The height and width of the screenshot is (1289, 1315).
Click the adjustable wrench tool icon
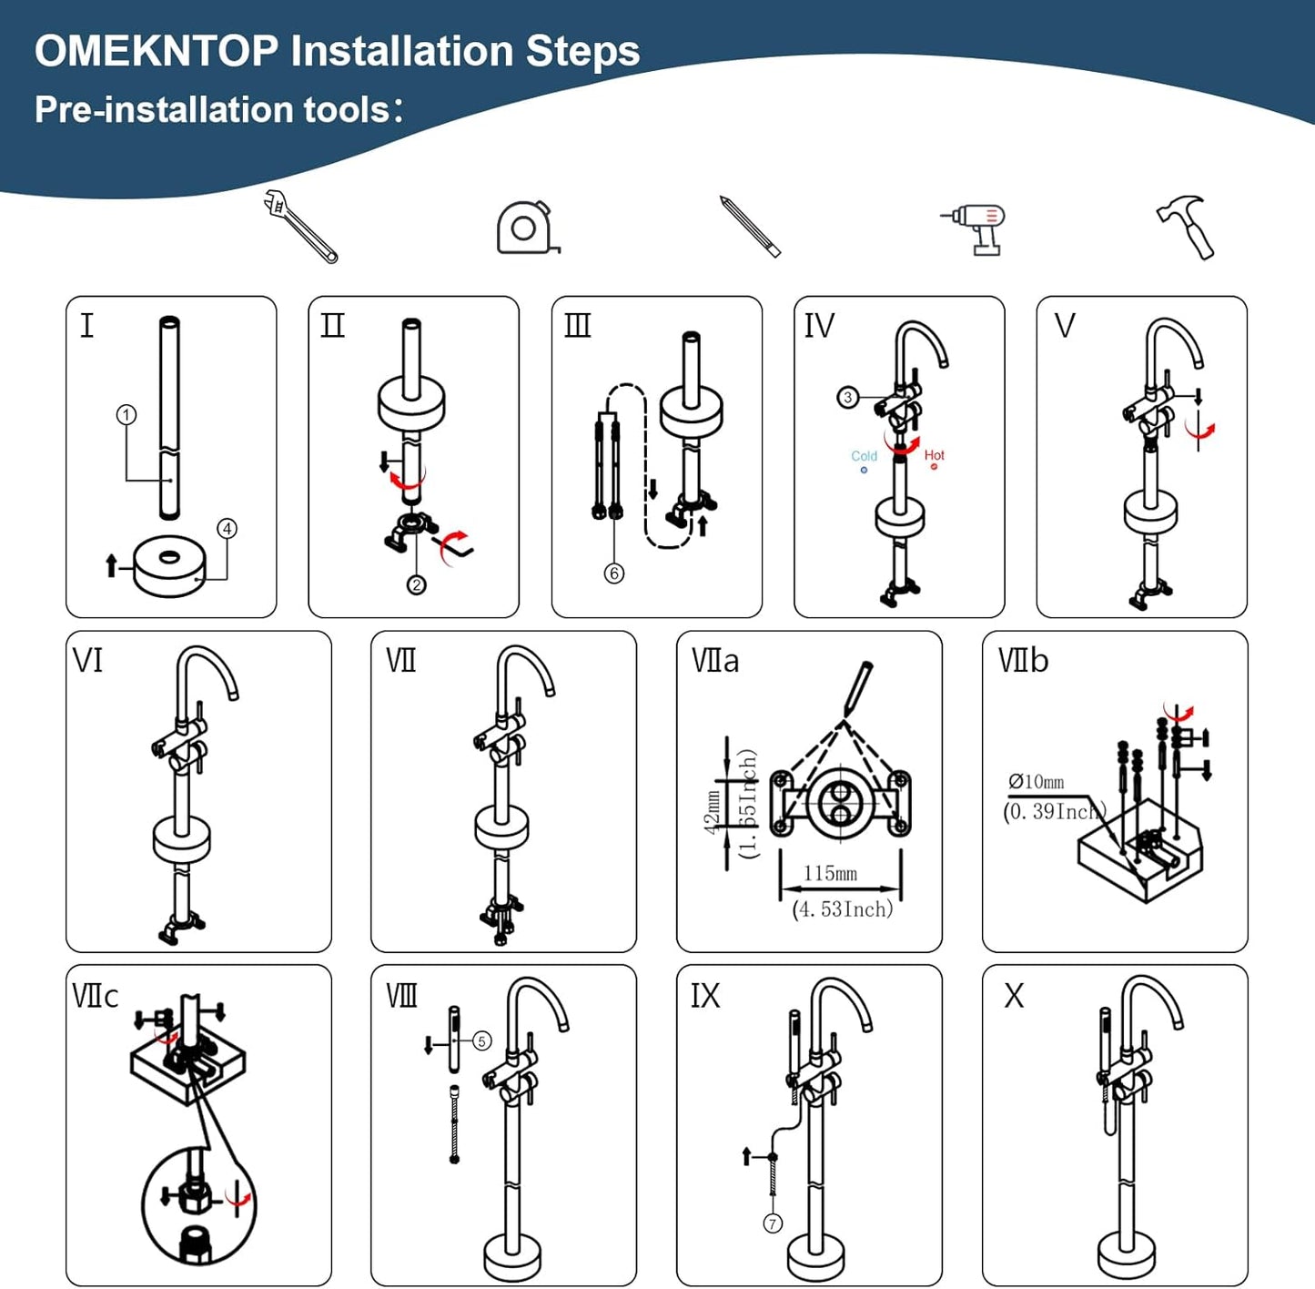pyautogui.click(x=299, y=226)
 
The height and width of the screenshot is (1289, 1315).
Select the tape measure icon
pyautogui.click(x=526, y=228)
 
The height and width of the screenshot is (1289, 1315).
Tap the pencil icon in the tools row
pyautogui.click(x=750, y=226)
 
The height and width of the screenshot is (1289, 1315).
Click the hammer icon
pyautogui.click(x=1189, y=227)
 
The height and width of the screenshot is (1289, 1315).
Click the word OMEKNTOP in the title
pyautogui.click(x=157, y=51)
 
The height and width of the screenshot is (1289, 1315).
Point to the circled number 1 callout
pyautogui.click(x=126, y=415)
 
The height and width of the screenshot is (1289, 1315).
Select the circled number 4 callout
pyautogui.click(x=227, y=529)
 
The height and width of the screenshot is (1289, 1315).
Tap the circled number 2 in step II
pyautogui.click(x=416, y=584)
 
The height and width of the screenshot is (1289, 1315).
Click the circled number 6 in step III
pyautogui.click(x=614, y=573)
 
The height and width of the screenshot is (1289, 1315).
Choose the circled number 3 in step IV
pyautogui.click(x=847, y=397)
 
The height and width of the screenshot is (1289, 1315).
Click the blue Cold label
pyautogui.click(x=864, y=456)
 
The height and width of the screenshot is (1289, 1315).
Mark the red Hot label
pyautogui.click(x=935, y=455)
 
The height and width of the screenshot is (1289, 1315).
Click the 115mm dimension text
pyautogui.click(x=830, y=874)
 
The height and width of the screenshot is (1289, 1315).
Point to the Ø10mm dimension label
pyautogui.click(x=1037, y=782)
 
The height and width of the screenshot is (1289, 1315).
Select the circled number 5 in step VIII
pyautogui.click(x=482, y=1040)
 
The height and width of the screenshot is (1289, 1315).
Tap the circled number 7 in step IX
pyautogui.click(x=773, y=1223)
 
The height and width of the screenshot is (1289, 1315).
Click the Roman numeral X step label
pyautogui.click(x=1014, y=996)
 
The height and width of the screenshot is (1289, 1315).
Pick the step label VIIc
pyautogui.click(x=96, y=996)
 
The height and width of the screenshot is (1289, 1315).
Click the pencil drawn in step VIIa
pyautogui.click(x=857, y=687)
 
